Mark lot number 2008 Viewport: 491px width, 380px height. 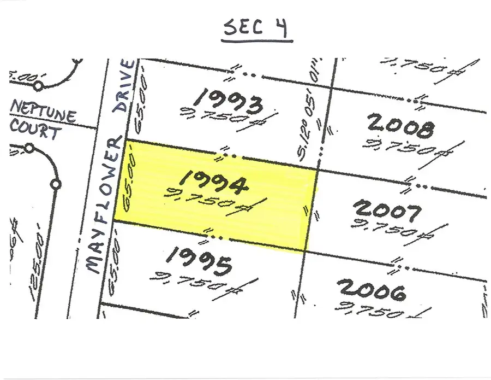point(402,126)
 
